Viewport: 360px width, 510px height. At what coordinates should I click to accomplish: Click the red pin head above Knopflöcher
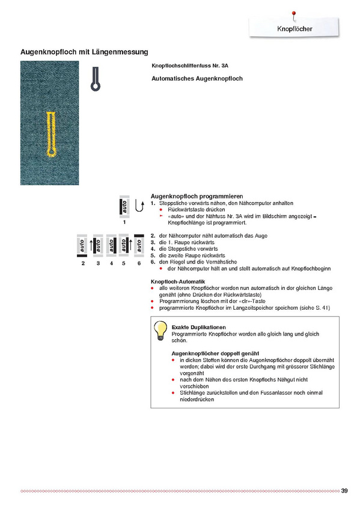pos(294,13)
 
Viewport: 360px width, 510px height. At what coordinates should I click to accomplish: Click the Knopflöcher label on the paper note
pos(294,29)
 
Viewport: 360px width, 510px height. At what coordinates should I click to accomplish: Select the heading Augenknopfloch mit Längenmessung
pos(84,52)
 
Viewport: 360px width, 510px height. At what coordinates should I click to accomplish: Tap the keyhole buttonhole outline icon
pos(95,79)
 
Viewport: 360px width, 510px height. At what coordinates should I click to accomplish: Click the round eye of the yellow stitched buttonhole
pos(51,152)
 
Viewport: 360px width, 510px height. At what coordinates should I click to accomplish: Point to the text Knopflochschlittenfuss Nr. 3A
pos(190,66)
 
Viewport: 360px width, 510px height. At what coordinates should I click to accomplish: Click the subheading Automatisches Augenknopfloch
pos(197,78)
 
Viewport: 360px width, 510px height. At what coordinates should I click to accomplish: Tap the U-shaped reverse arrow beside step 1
pos(139,206)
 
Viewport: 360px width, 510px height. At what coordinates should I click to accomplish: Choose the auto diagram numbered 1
pos(124,206)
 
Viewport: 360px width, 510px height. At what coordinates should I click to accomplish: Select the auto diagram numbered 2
pos(82,245)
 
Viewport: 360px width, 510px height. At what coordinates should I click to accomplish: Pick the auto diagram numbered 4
pos(111,245)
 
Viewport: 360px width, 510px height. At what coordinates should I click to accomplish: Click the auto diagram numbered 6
pos(139,245)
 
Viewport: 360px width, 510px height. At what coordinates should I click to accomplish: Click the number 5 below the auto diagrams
pos(123,263)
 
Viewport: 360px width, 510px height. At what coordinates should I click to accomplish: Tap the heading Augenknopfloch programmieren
pos(197,197)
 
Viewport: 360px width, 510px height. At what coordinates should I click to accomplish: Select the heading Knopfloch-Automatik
pos(178,281)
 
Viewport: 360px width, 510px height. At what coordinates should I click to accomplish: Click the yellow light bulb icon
pos(160,330)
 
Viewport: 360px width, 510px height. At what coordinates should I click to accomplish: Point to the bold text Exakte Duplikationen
pos(198,327)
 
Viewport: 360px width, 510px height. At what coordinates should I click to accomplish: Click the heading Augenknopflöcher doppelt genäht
pos(215,354)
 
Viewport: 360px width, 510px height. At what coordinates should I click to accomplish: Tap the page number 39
pos(344,491)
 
